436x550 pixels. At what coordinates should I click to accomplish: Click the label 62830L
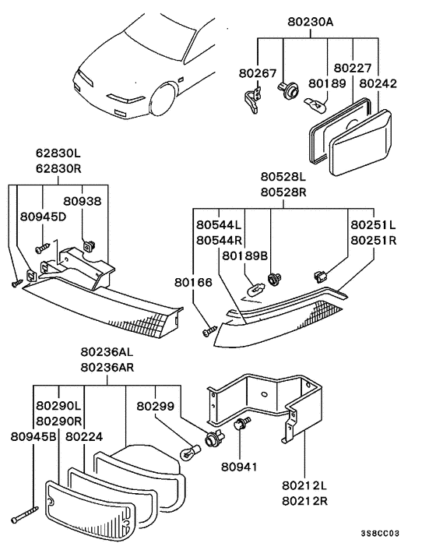58,154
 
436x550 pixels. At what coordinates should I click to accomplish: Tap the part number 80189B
245,256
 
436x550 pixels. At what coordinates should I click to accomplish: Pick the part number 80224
83,438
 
